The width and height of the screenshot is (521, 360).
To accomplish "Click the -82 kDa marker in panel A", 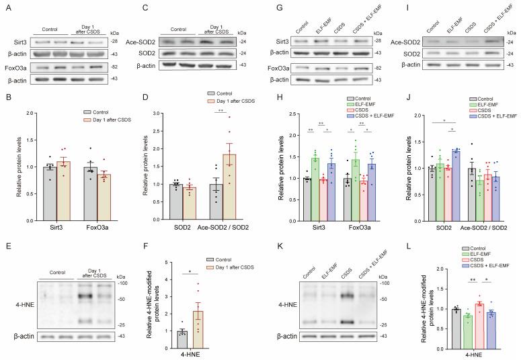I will (115, 67).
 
